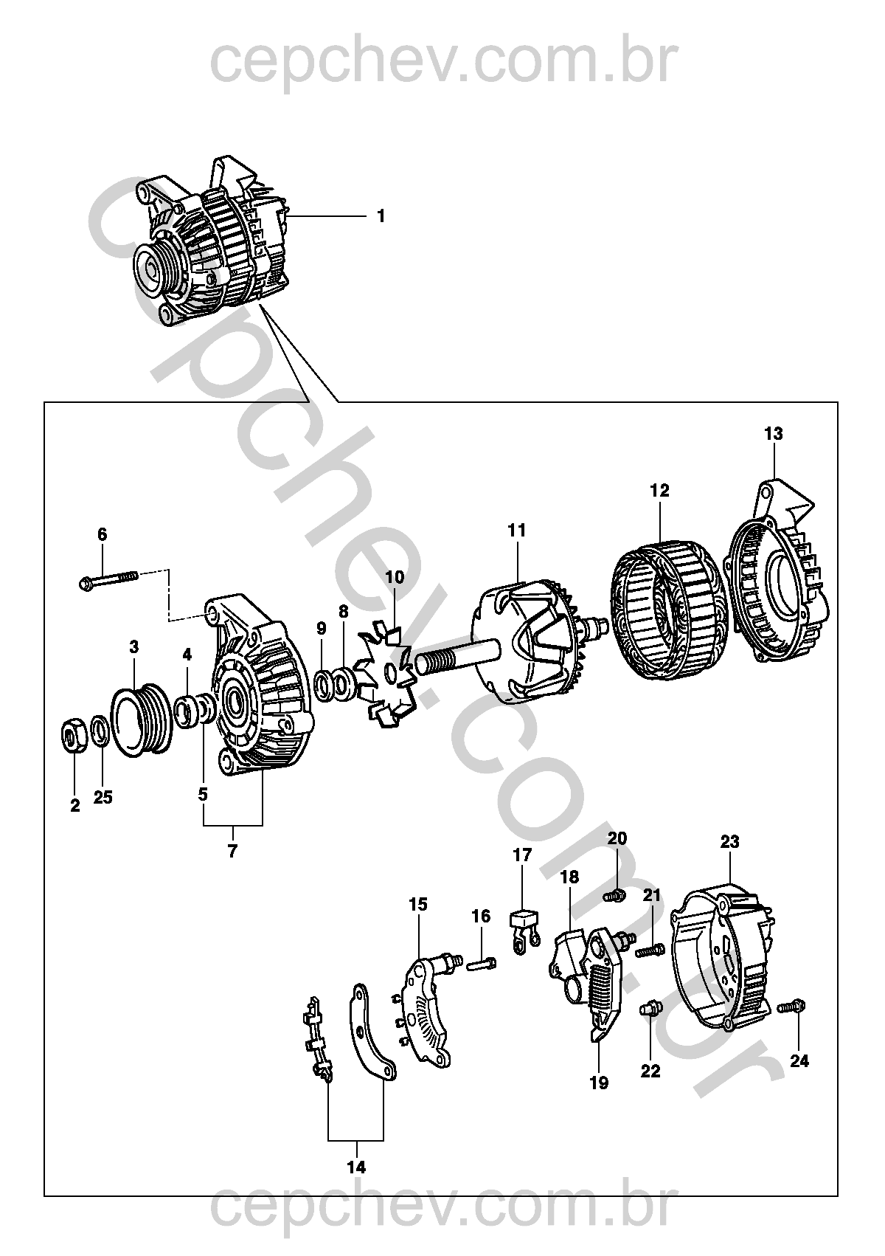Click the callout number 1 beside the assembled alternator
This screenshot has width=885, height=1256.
click(x=381, y=216)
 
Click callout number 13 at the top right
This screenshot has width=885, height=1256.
click(x=774, y=433)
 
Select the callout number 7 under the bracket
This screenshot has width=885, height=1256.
click(x=232, y=851)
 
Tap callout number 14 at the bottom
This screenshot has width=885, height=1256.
click(x=356, y=1167)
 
